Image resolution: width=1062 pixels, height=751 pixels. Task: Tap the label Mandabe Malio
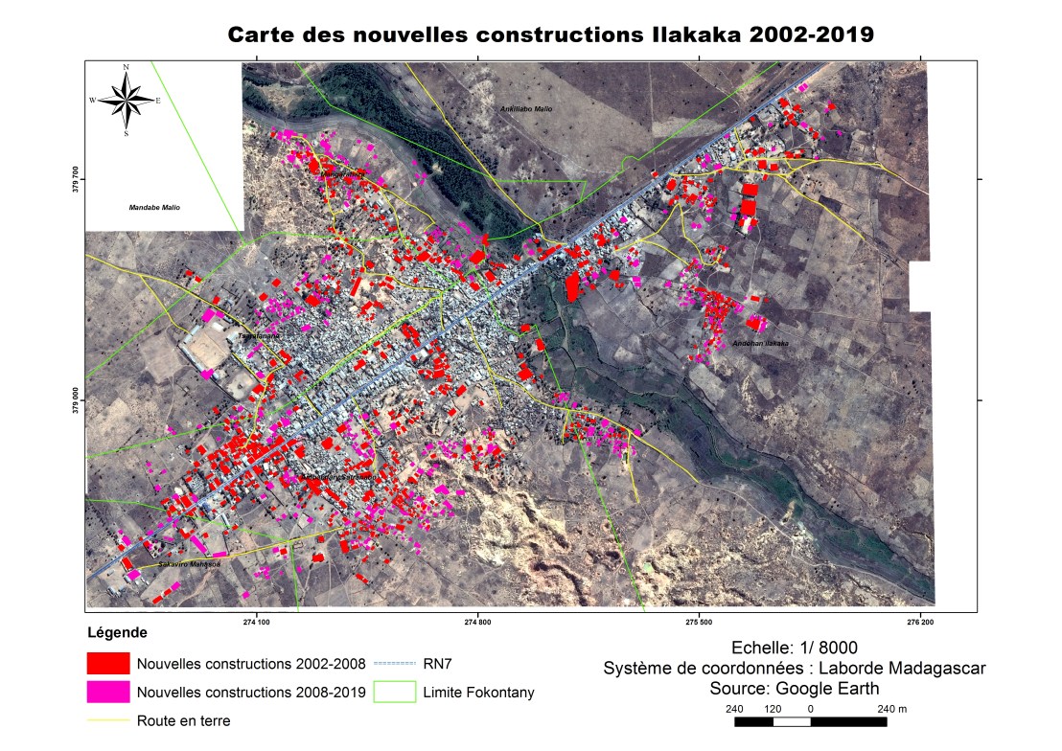154,207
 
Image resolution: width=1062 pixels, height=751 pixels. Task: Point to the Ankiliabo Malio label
527,109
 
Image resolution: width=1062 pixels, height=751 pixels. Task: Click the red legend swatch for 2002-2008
107,664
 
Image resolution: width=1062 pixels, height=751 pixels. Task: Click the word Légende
117,633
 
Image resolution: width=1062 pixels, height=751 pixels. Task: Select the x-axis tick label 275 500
700,622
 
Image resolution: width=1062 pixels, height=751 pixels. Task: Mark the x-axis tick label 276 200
921,622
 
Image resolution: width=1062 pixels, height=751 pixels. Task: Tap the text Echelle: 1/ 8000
794,647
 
